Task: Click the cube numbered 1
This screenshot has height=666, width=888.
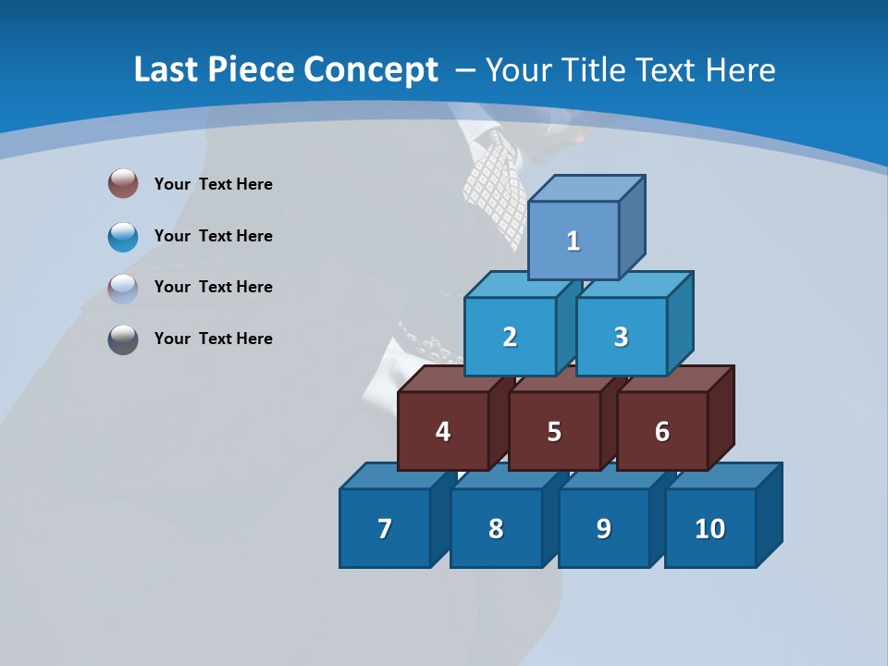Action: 573,240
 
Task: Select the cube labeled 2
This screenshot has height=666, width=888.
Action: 510,337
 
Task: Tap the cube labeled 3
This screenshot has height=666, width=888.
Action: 621,337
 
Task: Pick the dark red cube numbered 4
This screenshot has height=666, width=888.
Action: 443,431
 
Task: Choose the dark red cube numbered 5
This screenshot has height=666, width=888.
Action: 554,431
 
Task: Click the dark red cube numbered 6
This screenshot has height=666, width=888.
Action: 662,431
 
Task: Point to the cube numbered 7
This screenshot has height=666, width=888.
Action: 385,528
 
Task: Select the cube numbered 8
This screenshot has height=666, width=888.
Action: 496,528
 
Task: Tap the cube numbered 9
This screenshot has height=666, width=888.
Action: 604,528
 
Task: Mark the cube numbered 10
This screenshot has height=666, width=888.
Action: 710,528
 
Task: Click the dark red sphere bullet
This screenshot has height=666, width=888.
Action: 123,183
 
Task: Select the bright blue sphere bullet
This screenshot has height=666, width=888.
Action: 123,236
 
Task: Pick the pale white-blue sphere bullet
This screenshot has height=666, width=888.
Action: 123,288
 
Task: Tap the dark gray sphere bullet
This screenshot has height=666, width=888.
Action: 123,339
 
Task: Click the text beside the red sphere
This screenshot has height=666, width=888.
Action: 214,184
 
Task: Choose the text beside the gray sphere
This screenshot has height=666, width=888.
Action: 214,339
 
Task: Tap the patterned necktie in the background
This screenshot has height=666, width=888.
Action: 495,185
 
